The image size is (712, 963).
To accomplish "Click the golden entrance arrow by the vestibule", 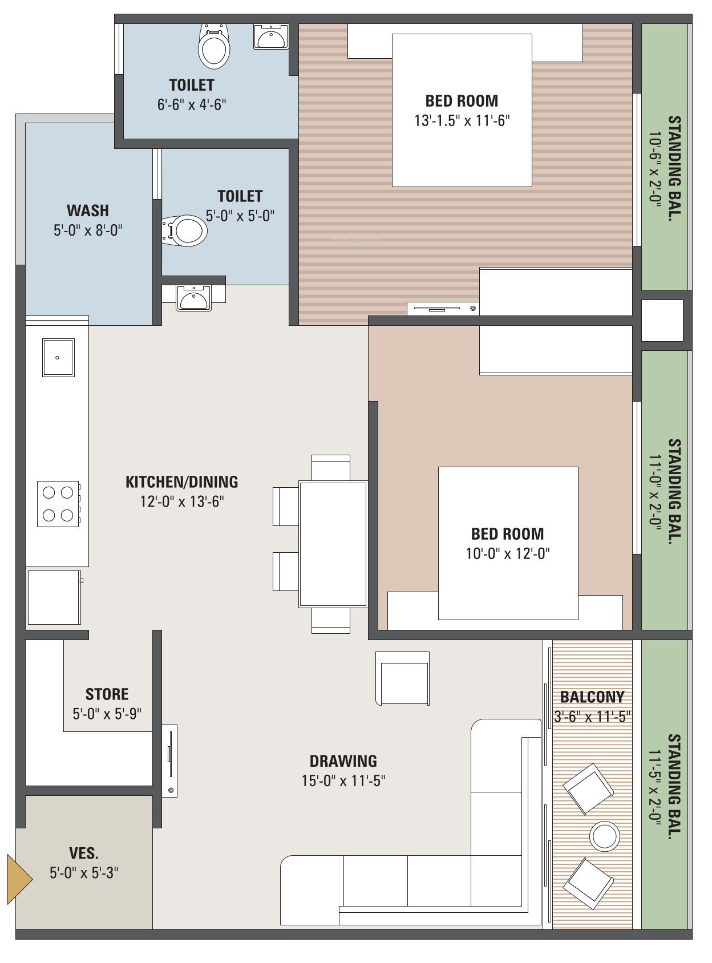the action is [18, 879].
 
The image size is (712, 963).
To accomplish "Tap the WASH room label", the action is [88, 211].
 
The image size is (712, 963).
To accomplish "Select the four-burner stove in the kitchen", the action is [58, 504].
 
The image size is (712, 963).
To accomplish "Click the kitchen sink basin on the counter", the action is [58, 357].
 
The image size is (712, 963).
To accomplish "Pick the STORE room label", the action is [107, 694].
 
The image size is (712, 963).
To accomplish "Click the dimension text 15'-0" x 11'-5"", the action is [343, 780].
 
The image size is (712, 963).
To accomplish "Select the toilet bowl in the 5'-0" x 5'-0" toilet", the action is [184, 230].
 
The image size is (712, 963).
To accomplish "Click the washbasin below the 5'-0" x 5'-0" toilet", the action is [193, 298].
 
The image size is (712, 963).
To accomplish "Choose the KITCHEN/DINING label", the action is [182, 482].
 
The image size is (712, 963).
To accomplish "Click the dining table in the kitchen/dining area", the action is [333, 544].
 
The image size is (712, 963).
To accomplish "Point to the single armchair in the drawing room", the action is [402, 678].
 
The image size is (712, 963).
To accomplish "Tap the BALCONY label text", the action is [592, 697].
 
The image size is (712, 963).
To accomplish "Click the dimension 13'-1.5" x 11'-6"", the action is [462, 120].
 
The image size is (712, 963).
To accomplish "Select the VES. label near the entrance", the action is [84, 853].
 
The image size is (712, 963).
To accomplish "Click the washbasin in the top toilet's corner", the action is [272, 37].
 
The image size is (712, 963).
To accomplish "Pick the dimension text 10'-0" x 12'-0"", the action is [508, 553].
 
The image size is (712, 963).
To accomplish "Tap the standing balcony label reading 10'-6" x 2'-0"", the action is [655, 169].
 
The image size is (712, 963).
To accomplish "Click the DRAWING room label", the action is [343, 761].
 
